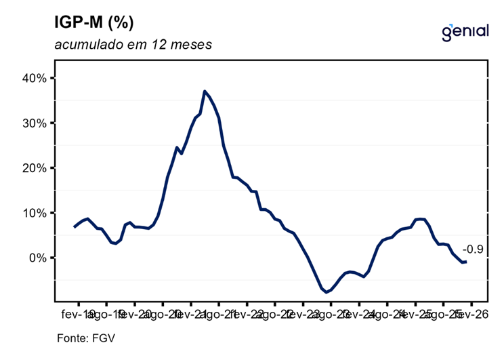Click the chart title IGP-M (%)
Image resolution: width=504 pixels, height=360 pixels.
pos(93,22)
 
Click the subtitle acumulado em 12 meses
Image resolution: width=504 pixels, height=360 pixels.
pos(133,46)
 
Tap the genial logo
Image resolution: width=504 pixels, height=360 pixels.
pos(465,31)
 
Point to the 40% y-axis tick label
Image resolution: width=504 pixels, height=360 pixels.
pos(34,78)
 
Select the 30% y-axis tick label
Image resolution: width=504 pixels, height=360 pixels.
pos(34,123)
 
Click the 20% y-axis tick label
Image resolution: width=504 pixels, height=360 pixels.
pos(34,168)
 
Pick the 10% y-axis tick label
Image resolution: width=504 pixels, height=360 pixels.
pos(34,213)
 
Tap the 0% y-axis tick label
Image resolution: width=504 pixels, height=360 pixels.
pos(37,258)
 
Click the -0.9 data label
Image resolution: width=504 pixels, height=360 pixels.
pos(472,249)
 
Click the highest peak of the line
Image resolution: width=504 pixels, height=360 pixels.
pos(205,91)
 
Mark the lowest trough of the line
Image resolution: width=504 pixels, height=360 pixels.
pos(327,292)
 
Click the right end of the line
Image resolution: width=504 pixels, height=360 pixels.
pos(466,262)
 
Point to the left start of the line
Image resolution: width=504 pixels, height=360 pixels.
pos(75,226)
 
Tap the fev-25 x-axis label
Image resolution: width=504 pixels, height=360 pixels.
pos(415,315)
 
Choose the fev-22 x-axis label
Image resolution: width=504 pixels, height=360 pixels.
pos(247,315)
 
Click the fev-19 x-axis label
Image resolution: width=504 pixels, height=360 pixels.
pos(79,315)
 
